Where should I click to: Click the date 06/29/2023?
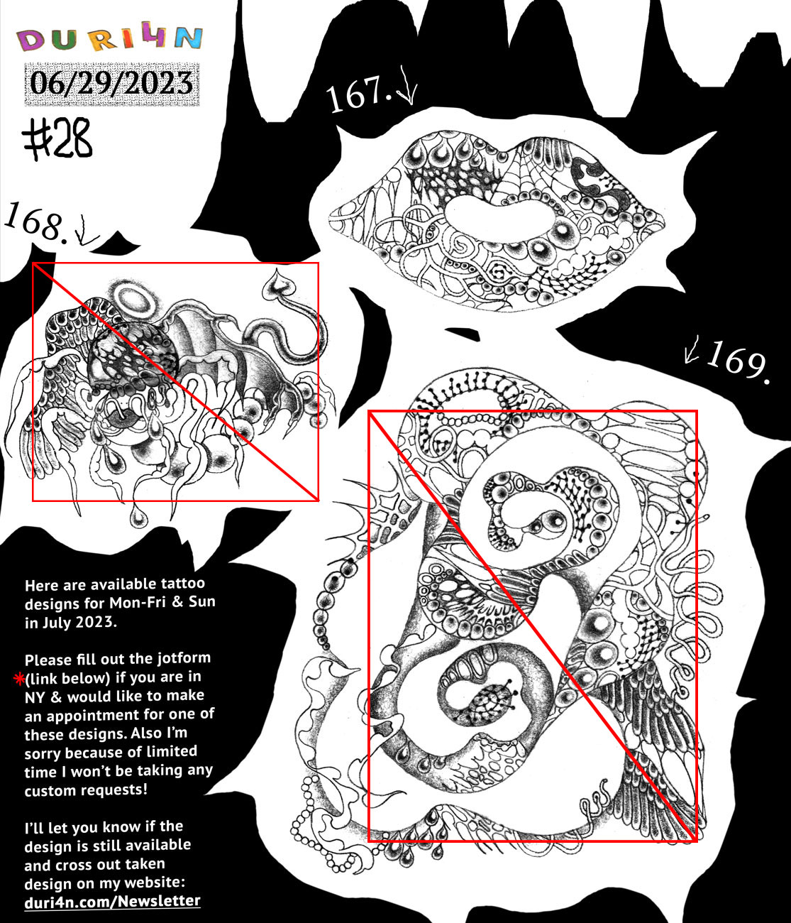pyautogui.click(x=111, y=84)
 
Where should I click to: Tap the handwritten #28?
pyautogui.click(x=57, y=139)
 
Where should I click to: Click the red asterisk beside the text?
pyautogui.click(x=19, y=679)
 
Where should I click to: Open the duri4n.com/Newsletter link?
pyautogui.click(x=112, y=901)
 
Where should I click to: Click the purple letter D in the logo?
pyautogui.click(x=30, y=41)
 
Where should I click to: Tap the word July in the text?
pyautogui.click(x=55, y=623)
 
